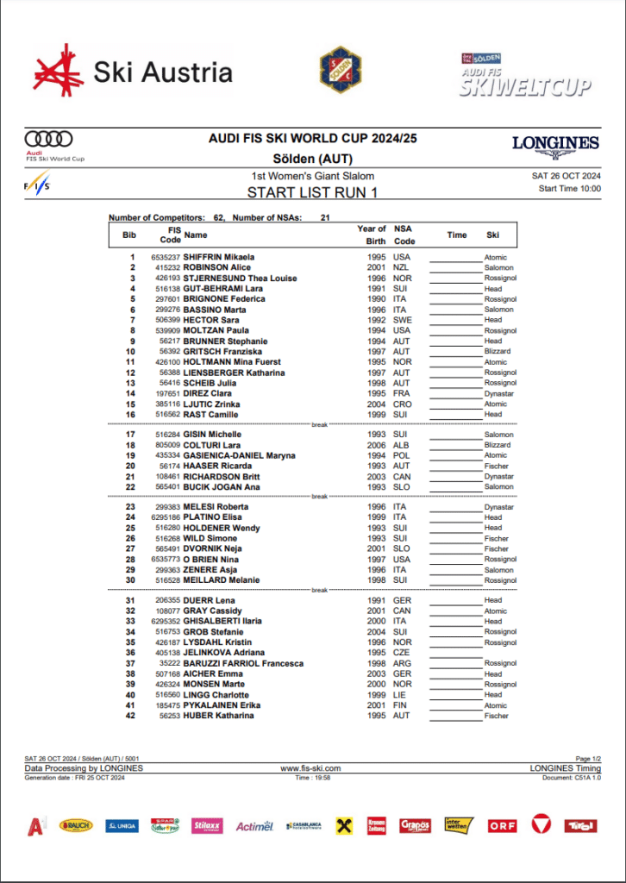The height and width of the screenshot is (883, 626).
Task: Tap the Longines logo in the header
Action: [554, 143]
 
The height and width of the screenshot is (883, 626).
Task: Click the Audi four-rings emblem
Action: [48, 139]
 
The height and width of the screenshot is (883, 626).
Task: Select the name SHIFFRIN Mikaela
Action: [218, 257]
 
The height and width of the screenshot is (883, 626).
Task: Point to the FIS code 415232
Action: [166, 267]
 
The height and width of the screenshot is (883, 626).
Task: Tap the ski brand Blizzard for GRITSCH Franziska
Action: [497, 352]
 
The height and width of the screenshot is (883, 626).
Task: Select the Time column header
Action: [456, 235]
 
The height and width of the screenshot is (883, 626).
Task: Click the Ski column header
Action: [492, 235]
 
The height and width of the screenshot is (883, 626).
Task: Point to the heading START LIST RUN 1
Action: [312, 193]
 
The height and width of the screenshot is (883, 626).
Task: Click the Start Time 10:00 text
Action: [569, 188]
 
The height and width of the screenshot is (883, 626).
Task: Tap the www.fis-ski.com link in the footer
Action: [310, 767]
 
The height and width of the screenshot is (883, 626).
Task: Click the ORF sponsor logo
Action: [502, 825]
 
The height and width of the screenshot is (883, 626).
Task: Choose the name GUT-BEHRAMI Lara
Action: [222, 289]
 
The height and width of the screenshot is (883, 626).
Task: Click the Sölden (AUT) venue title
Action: [312, 159]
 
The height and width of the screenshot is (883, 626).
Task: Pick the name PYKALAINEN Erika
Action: [222, 705]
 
